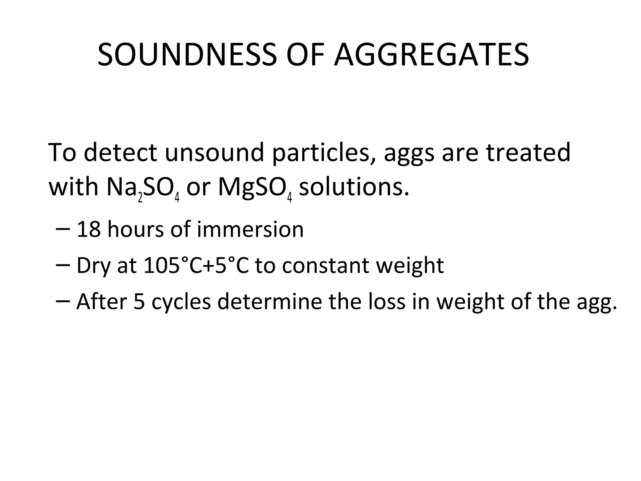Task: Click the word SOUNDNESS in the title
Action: click(x=187, y=55)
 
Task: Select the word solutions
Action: click(x=354, y=188)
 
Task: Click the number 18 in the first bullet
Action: click(x=89, y=229)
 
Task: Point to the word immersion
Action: click(x=250, y=229)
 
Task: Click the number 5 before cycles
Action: click(x=139, y=302)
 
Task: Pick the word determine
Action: click(x=269, y=302)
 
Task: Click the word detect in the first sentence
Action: click(x=121, y=153)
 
